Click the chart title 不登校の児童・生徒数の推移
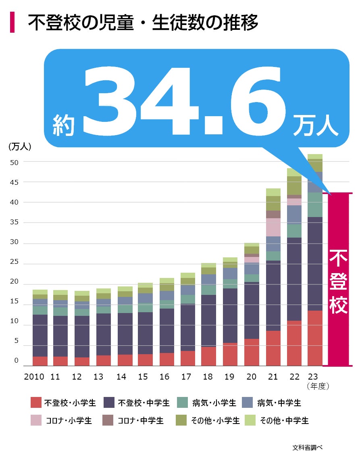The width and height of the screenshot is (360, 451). tap(143, 23)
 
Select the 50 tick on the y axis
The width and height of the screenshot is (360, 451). tap(15, 162)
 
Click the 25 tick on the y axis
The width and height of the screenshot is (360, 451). tap(15, 262)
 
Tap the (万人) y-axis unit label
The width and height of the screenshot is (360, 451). tap(20, 147)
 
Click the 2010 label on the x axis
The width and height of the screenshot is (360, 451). tap(34, 377)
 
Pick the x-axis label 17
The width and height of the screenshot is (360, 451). tap(186, 377)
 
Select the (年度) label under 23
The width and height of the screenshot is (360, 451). tap(318, 386)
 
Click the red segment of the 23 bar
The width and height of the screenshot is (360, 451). tap(315, 338)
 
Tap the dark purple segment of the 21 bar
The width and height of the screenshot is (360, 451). tap(273, 295)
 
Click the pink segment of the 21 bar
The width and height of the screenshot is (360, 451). tap(273, 227)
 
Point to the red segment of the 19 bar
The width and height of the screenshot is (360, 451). tap(230, 354)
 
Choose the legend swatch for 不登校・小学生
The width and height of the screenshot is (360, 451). tap(36, 403)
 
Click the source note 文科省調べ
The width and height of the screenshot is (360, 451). tap(308, 447)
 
